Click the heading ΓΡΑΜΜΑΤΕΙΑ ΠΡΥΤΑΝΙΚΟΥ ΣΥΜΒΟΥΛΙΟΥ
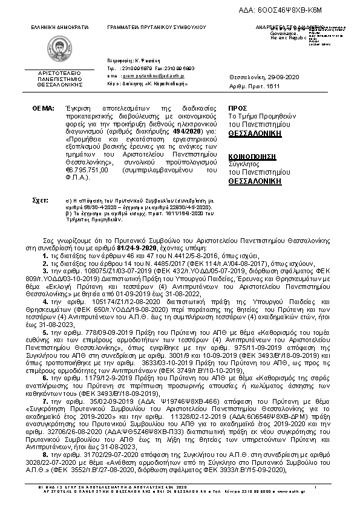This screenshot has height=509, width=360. click(x=156, y=28)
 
